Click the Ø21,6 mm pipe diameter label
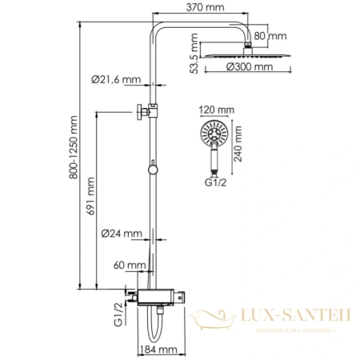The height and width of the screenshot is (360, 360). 116,79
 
